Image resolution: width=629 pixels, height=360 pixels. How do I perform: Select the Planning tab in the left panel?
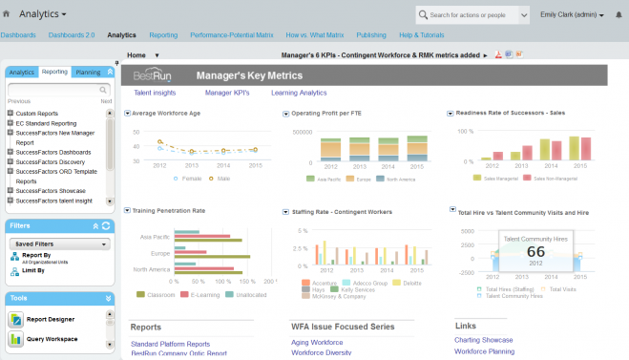[x=88, y=72]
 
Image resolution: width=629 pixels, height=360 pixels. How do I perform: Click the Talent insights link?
[x=154, y=93]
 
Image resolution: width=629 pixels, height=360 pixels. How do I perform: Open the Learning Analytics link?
[x=298, y=93]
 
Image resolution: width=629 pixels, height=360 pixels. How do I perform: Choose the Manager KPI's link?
[x=226, y=93]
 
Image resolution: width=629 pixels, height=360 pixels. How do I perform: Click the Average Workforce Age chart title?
[x=165, y=113]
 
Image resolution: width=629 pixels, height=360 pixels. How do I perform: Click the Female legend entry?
[x=191, y=178]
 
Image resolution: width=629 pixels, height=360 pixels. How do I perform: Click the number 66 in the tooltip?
[x=535, y=251]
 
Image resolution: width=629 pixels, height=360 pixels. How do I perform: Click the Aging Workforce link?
[x=317, y=342]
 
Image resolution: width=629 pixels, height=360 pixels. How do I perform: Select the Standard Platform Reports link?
[x=170, y=344]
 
